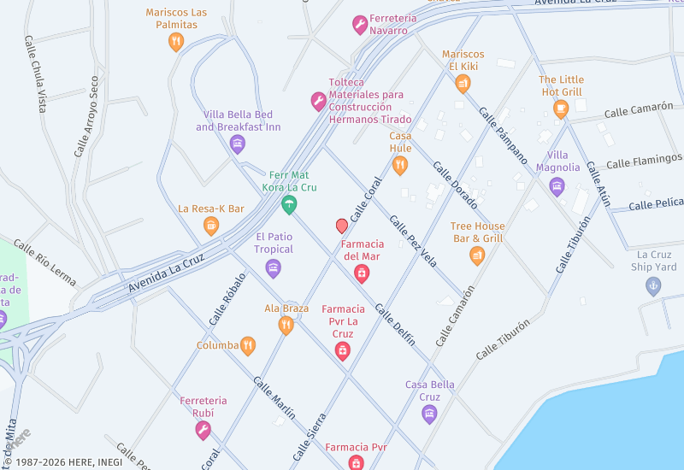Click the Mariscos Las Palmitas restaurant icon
coord(176,41)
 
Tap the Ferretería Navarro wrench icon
coord(360,25)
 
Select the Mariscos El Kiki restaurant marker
coord(463,83)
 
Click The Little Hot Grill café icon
coord(561,109)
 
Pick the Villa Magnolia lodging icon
coord(557,185)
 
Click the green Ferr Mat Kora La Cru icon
coord(290,204)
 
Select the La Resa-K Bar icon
coord(211,226)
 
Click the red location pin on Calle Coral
coord(342,226)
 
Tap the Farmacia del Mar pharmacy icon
coord(362,273)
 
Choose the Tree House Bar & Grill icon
coord(477,255)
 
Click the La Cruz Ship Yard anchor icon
coord(653,286)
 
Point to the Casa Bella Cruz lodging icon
coord(429,414)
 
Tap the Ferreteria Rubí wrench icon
coord(203,430)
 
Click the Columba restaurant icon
coord(248,345)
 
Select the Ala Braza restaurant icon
coord(286,325)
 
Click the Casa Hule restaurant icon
coord(400,165)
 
